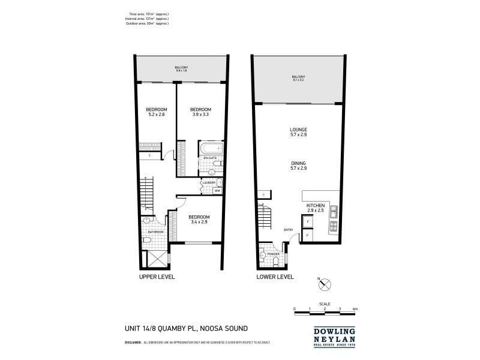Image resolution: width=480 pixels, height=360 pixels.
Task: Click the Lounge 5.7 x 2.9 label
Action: coord(298,131)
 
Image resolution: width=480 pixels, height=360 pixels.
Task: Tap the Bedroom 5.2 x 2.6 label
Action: coord(155,112)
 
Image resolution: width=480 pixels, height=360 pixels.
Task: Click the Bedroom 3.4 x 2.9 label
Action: coord(199,219)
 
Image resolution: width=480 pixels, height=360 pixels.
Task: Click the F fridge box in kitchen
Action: coord(308,223)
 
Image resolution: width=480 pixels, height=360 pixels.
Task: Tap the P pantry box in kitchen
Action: coord(308,236)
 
